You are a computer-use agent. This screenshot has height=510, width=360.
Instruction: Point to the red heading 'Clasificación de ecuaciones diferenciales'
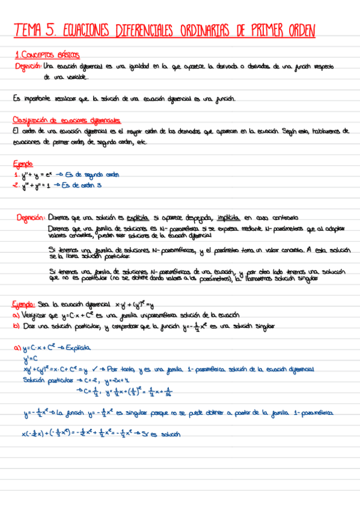tap(67, 120)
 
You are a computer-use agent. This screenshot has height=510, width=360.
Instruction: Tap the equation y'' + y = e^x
tap(38, 175)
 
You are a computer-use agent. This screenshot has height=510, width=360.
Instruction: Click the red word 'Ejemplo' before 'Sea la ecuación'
tap(25, 304)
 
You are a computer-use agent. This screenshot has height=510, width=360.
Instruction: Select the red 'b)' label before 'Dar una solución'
tap(17, 326)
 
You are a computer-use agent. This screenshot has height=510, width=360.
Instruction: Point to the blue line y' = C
tap(31, 359)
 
